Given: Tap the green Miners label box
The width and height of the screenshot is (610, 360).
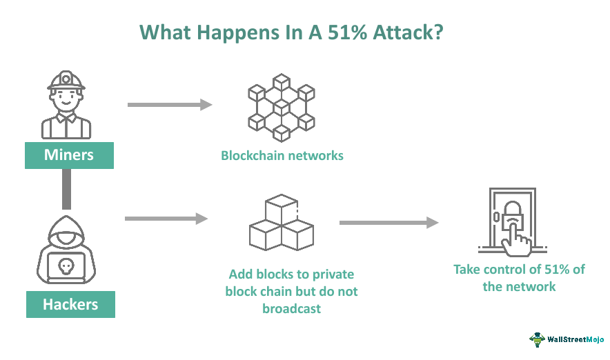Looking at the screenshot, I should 69,154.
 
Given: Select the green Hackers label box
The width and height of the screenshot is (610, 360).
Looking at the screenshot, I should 70,303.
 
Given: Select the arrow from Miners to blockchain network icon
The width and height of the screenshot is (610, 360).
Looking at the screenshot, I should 169,105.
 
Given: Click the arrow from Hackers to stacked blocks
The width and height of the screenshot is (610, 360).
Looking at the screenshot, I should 166,219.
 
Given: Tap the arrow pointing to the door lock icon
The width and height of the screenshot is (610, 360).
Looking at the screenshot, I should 388,223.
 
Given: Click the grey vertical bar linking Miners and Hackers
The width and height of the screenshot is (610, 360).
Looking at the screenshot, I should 66,189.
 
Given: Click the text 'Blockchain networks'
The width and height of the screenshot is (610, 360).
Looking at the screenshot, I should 282,155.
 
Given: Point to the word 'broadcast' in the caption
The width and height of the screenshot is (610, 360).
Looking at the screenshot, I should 291,309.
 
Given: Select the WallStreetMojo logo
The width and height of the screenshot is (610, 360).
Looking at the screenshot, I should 566,339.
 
